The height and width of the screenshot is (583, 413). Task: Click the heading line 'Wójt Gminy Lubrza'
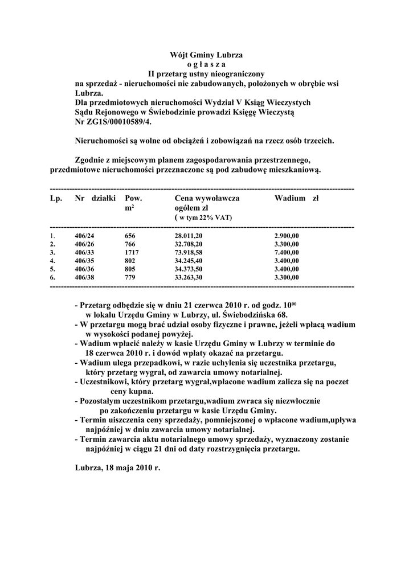(206, 55)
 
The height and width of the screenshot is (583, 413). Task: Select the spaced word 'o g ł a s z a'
(206, 64)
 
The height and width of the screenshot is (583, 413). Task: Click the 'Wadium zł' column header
(296, 199)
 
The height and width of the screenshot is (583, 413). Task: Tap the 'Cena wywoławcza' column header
(207, 199)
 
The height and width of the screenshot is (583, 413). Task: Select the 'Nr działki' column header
(95, 199)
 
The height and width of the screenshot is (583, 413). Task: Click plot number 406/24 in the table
(85, 235)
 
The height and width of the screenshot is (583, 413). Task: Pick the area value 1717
(132, 251)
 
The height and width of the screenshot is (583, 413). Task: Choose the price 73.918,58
(189, 251)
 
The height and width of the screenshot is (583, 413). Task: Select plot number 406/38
(85, 277)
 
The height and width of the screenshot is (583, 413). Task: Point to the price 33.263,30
(189, 277)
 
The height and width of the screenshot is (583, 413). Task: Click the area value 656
(130, 235)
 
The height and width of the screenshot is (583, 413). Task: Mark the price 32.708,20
(189, 243)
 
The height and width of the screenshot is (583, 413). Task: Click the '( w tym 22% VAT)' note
(203, 218)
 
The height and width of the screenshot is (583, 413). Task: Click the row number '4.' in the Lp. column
(52, 260)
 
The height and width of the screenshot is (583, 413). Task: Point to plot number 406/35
(85, 260)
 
